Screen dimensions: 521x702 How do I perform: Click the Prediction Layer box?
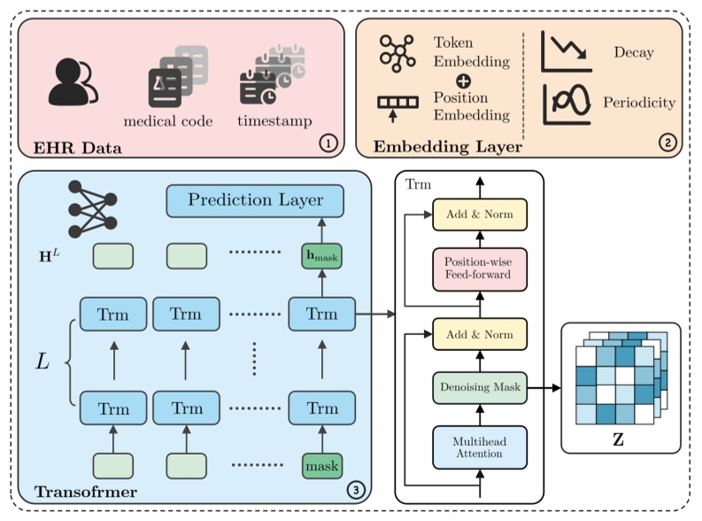(255, 200)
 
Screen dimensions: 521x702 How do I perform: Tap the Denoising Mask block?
(478, 388)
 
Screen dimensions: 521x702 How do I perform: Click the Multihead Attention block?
(478, 447)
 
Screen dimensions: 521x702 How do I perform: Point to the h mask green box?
(321, 257)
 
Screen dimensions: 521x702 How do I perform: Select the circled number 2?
(667, 144)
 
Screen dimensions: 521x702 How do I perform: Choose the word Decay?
(633, 52)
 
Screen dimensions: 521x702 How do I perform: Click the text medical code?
(168, 121)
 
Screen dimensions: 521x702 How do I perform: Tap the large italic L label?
(42, 361)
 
